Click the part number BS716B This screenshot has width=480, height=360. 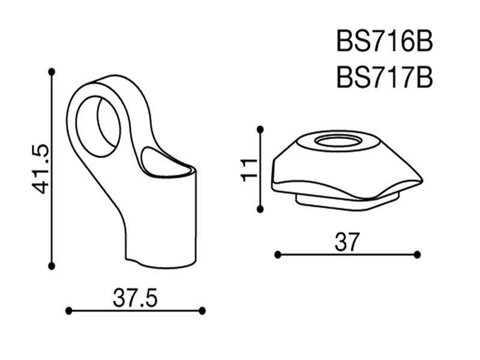385,41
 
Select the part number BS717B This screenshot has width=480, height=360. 385,77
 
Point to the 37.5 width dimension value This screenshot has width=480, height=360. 135,298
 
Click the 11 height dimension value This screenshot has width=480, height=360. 248,170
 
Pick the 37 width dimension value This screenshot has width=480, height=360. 346,242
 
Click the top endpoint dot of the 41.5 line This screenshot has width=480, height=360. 52,72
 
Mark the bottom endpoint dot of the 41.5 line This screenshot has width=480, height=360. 52,266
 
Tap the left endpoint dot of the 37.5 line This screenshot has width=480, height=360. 69,311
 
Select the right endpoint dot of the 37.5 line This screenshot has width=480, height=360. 202,311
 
